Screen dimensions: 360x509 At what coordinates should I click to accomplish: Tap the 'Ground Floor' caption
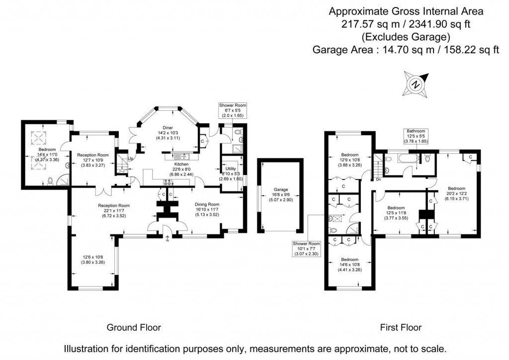pos(134,327)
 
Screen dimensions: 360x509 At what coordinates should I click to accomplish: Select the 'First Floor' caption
pos(401,327)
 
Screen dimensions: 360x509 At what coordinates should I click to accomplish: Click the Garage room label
pos(280,189)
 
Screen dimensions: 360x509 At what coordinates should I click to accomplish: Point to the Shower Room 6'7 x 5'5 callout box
pos(232,109)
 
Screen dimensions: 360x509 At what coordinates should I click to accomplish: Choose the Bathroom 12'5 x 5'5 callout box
pos(414,136)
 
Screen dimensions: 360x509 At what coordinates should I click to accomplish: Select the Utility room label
pos(231,169)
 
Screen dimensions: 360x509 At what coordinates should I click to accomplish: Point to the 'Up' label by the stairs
pos(131,159)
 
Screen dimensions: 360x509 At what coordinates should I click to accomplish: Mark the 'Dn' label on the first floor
pos(378,180)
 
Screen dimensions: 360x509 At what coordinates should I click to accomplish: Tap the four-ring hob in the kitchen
pos(168,182)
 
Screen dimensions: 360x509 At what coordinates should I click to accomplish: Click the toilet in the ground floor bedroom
pos(50,181)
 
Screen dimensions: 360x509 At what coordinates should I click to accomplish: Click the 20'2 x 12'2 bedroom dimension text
pos(456,193)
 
